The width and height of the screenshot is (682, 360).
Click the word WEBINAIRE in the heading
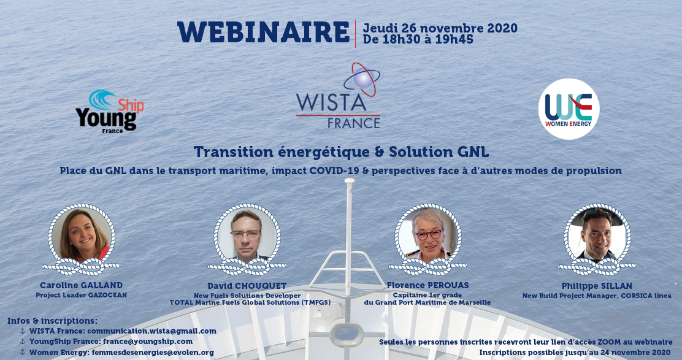pyautogui.click(x=264, y=32)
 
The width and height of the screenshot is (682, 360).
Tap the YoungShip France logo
pyautogui.click(x=110, y=112)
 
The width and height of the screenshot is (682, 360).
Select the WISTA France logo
pyautogui.click(x=338, y=96)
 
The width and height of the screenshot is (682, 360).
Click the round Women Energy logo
pyautogui.click(x=569, y=109)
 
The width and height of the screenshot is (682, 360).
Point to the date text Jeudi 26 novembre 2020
pyautogui.click(x=440, y=28)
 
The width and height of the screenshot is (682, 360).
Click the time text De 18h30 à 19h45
pyautogui.click(x=418, y=40)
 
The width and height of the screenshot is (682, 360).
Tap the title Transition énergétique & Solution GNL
pyautogui.click(x=341, y=151)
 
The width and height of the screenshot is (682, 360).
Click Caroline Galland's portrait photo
pyautogui.click(x=82, y=236)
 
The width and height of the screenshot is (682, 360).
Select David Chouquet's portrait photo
pyautogui.click(x=247, y=236)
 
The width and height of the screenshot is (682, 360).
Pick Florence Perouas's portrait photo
pyautogui.click(x=428, y=236)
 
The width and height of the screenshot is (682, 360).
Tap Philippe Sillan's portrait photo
pyautogui.click(x=597, y=236)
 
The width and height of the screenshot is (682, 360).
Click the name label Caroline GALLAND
pyautogui.click(x=82, y=285)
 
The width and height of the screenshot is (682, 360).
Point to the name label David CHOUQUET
pyautogui.click(x=247, y=286)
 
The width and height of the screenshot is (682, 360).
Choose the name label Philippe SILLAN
pyautogui.click(x=597, y=286)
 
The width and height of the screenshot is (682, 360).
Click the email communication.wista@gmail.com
pyautogui.click(x=152, y=331)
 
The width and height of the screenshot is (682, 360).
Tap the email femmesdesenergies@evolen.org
pyautogui.click(x=153, y=352)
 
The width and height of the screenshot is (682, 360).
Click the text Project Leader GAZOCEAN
pyautogui.click(x=82, y=295)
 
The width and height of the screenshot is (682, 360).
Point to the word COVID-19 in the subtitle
pyautogui.click(x=334, y=170)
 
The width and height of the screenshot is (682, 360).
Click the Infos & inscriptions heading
pyautogui.click(x=52, y=321)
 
